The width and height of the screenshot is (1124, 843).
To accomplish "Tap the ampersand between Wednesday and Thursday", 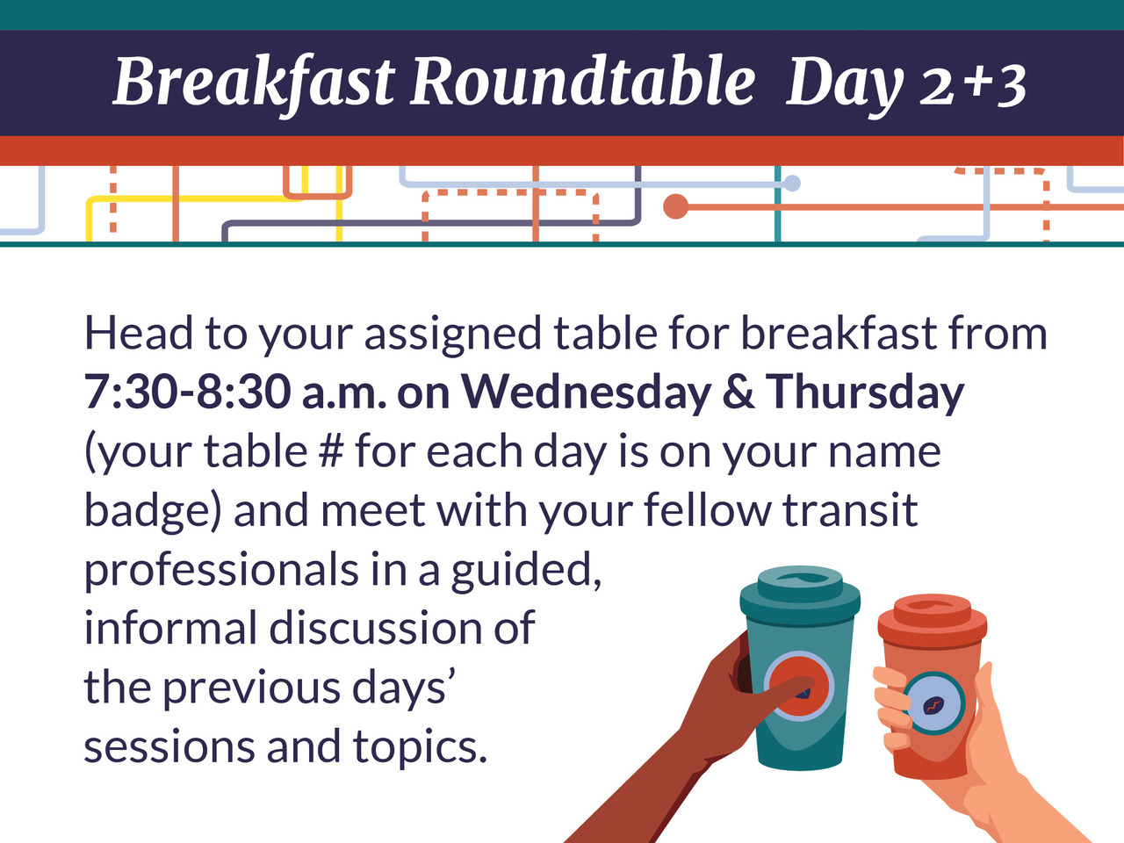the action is [738, 392].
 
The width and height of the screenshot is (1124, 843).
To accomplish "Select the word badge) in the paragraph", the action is [152, 511].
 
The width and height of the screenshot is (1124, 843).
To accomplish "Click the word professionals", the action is [220, 570].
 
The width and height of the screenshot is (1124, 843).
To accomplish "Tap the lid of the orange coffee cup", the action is [933, 620].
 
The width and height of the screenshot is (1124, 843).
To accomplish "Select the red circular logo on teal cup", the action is [799, 686].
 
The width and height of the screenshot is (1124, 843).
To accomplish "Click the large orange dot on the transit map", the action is [676, 206].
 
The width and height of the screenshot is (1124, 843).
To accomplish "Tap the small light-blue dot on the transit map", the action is [792, 184].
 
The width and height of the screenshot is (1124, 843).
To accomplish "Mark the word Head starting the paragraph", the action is [139, 333].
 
